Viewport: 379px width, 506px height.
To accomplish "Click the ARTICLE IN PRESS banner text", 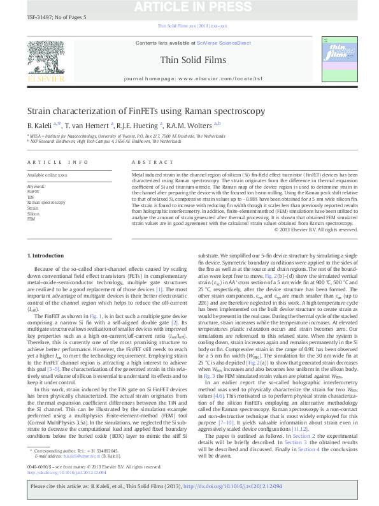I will point(189,7).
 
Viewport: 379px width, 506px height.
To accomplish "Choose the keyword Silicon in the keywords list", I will point(32,213).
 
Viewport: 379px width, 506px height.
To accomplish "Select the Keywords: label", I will point(36,185).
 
